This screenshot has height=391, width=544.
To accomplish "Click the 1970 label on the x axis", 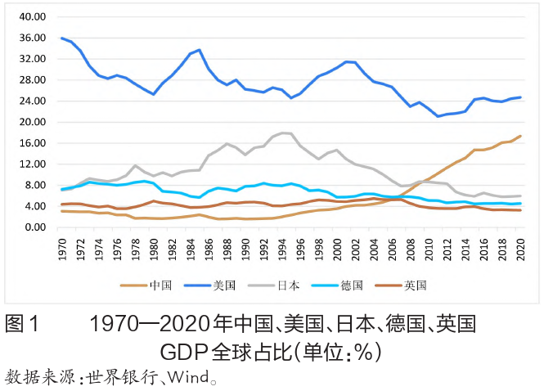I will (x=62, y=246).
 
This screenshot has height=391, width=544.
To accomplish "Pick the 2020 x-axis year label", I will (x=520, y=246).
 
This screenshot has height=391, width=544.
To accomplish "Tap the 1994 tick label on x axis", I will (x=282, y=246).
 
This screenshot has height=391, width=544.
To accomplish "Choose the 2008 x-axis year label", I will (x=411, y=246).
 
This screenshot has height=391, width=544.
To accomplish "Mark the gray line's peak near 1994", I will (x=282, y=133).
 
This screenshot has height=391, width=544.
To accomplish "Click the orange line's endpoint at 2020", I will (x=520, y=136).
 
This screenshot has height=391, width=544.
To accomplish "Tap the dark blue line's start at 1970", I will (x=62, y=38).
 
